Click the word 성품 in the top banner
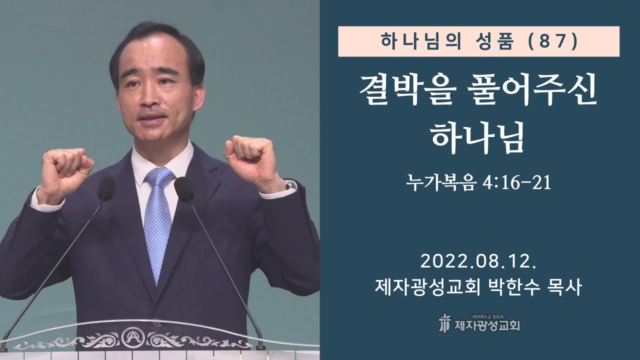(484, 41)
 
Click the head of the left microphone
(106, 188)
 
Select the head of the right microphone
(183, 189)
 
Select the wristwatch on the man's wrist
(290, 185)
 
